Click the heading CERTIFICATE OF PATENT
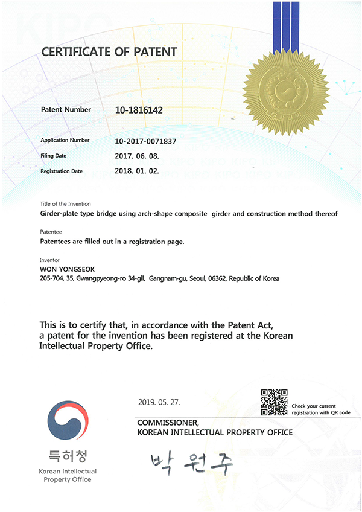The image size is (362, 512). point(109,52)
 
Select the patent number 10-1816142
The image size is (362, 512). point(139,110)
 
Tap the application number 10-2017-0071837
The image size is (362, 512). point(145,141)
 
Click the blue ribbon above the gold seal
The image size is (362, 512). point(286,24)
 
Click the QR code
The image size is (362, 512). point(274,403)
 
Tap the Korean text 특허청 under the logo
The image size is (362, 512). point(68,455)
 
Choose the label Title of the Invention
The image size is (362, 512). point(65,204)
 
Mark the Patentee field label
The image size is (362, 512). point(50,232)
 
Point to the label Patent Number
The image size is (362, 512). point(66,110)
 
